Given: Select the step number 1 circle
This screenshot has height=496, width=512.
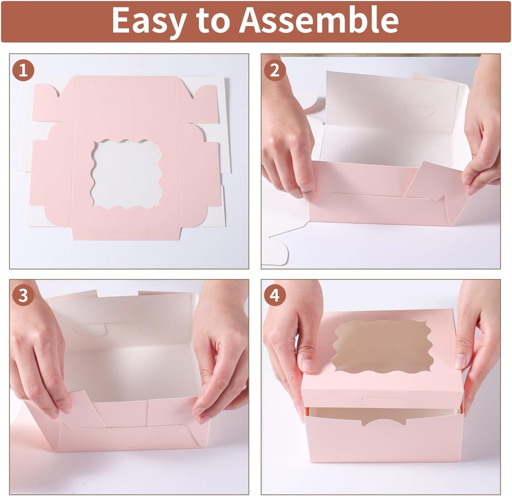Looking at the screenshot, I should (x=23, y=70).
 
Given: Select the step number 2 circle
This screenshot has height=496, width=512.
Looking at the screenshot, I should (x=274, y=70).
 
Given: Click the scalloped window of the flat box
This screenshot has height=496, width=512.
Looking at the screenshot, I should (x=126, y=174).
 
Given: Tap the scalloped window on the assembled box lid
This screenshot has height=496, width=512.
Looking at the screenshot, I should (x=382, y=346).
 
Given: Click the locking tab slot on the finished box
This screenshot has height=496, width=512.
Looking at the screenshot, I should (x=382, y=400).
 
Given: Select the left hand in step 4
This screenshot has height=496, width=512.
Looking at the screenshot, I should (x=292, y=340).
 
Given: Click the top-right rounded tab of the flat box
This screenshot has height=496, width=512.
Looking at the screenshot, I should (x=202, y=105).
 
